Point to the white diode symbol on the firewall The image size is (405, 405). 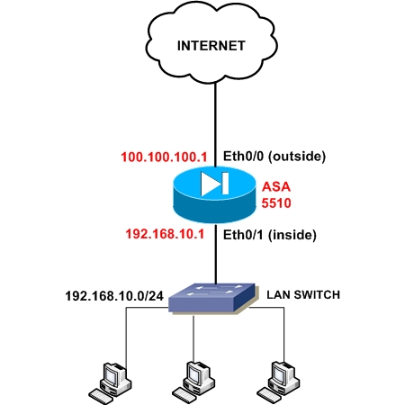coord(215,184)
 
